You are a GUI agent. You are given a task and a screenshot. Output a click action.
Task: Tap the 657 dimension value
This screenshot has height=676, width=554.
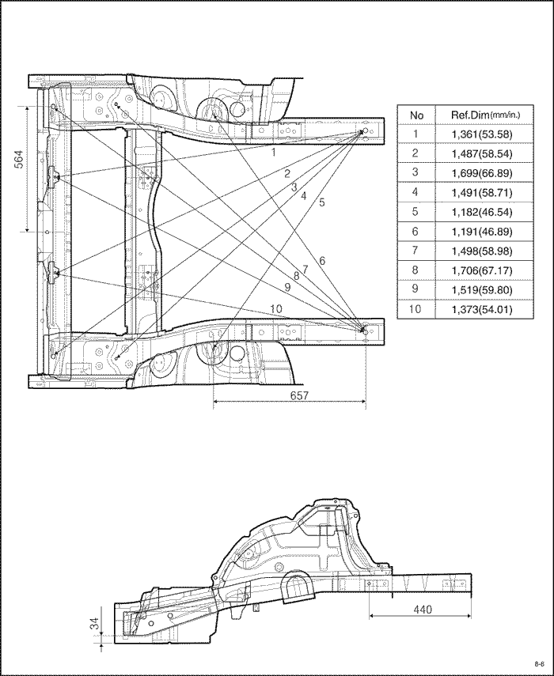pos(299,395)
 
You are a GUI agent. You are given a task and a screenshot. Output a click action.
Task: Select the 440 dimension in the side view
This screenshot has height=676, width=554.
pos(423,609)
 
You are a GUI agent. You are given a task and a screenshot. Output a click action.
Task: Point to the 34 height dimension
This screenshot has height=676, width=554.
pos(94,623)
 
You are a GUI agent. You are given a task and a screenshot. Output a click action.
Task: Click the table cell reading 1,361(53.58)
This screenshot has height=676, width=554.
pos(482,134)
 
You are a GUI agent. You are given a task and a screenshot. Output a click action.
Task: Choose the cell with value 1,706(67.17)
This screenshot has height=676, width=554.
pos(482,270)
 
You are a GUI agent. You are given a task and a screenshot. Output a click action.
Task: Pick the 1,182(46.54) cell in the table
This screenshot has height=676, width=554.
pos(482,212)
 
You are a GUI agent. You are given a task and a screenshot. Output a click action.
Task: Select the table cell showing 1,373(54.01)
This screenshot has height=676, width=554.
pos(482,310)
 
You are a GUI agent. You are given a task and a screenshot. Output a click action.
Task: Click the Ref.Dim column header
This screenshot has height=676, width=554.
pos(485,115)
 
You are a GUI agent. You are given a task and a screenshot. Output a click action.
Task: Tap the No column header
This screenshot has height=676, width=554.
pos(416,115)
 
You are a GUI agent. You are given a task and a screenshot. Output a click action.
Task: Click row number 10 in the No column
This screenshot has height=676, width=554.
pos(415,309)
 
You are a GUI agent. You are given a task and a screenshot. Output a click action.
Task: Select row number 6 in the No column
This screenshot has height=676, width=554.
pos(415,232)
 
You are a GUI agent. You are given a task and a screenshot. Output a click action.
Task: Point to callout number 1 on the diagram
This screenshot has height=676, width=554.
pos(274,152)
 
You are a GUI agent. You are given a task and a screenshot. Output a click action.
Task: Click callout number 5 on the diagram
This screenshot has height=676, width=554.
pos(322,202)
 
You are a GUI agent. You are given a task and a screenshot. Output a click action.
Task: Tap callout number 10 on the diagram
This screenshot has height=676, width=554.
pos(276,308)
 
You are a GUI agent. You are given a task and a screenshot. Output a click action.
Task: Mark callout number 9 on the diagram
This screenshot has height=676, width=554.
pos(288,287)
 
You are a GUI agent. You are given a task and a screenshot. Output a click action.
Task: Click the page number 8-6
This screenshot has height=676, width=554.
pos(539,663)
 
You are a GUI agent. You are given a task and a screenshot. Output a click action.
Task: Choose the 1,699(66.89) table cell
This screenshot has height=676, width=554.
pos(482,173)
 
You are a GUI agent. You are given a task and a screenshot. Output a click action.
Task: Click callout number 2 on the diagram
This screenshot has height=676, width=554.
pos(287,174)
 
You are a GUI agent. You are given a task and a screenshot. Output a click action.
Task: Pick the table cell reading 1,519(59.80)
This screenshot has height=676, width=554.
pos(482,289)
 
